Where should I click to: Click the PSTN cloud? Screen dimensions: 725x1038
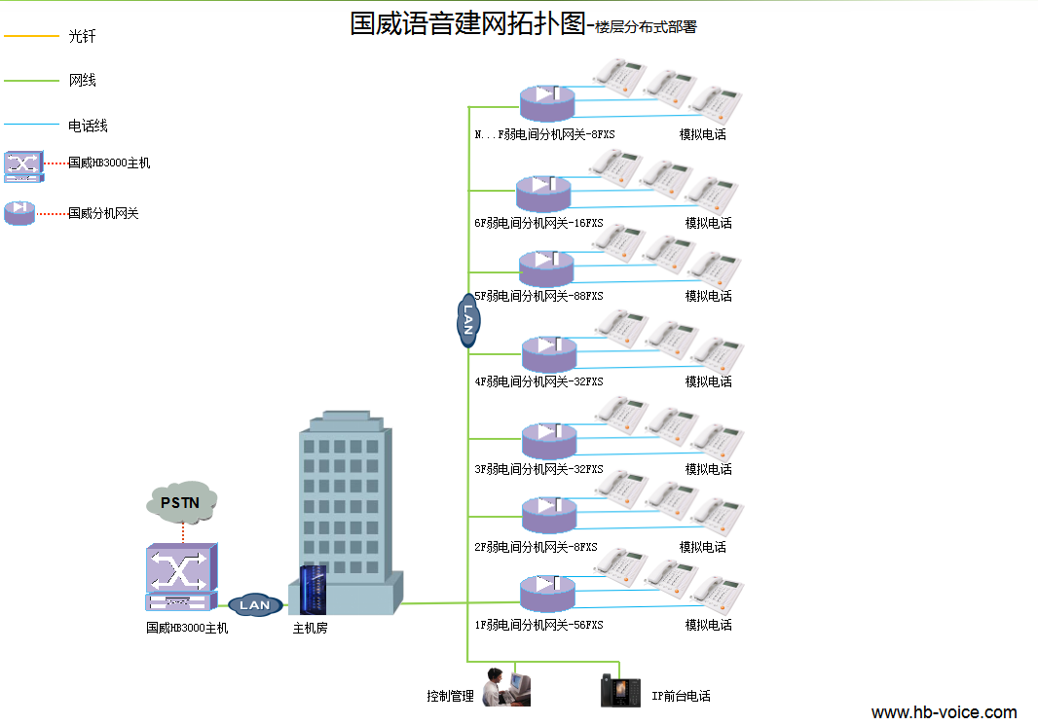click(181, 501)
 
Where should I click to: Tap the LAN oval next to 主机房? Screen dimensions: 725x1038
click(255, 605)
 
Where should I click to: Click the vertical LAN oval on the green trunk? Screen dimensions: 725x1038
click(467, 320)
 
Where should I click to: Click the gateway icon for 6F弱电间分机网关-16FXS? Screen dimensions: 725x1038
click(545, 193)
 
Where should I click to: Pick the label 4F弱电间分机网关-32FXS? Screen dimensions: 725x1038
click(538, 381)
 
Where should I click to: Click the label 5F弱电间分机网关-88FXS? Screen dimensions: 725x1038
click(538, 296)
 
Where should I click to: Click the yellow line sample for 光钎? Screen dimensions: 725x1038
click(32, 37)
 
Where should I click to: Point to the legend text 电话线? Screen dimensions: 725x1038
click(88, 126)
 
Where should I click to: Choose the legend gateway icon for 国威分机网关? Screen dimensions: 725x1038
click(19, 212)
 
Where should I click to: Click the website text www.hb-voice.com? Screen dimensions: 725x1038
click(944, 712)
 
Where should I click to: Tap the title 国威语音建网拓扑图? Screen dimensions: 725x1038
click(466, 24)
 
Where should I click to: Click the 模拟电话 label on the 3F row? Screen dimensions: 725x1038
click(708, 469)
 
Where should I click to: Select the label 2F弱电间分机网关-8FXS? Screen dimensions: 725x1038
click(536, 547)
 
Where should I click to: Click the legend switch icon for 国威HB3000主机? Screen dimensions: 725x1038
click(23, 165)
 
